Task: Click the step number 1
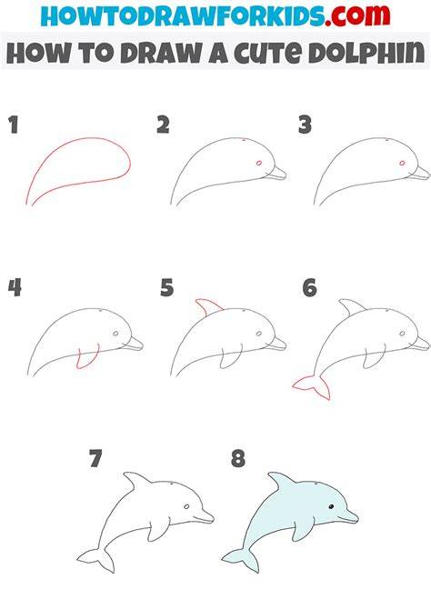[14, 125]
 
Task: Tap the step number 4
[15, 288]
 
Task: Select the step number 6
[310, 288]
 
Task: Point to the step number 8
[238, 458]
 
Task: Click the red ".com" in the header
[357, 15]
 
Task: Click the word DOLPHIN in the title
[366, 53]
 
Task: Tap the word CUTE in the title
[267, 53]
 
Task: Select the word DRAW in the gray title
[160, 53]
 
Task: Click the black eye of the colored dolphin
[331, 506]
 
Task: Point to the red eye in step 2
[259, 163]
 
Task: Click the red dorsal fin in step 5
[208, 307]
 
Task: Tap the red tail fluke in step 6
[312, 387]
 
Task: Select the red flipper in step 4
[88, 356]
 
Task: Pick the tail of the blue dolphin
[241, 560]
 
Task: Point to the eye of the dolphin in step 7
[187, 506]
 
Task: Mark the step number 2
[164, 125]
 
